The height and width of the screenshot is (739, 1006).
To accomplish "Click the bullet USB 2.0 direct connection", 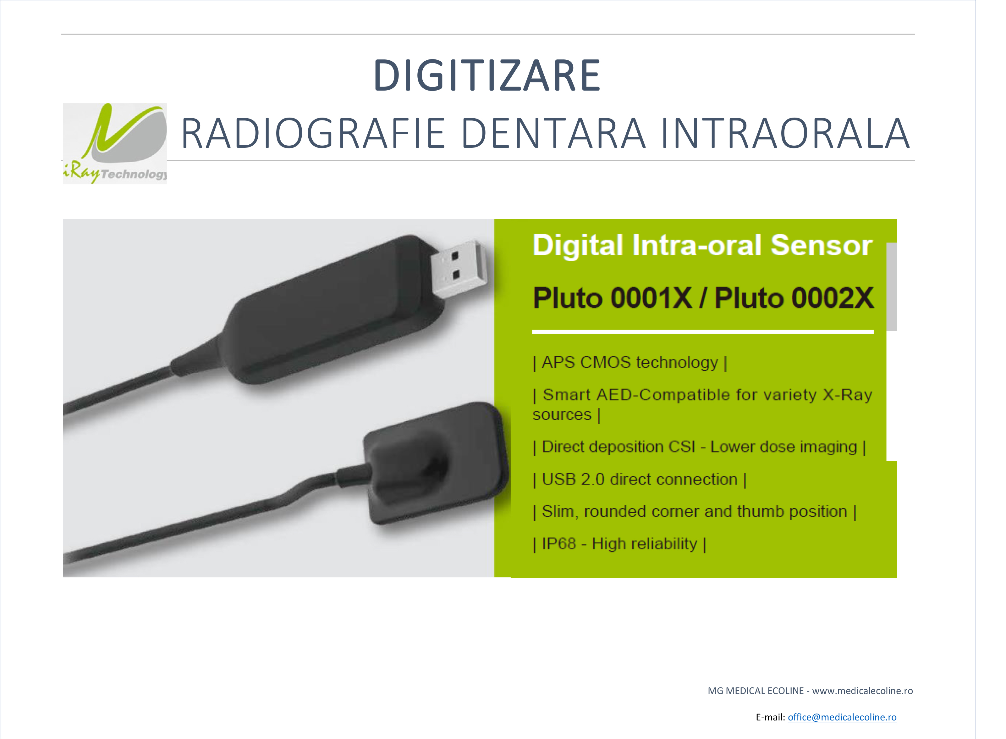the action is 639,479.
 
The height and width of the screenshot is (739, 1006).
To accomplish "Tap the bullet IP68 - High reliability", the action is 619,544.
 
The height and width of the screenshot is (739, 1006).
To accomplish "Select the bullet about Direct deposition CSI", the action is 699,447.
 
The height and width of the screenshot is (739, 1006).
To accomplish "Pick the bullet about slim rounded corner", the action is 694,511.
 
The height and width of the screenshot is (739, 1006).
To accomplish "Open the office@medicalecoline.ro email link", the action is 842,717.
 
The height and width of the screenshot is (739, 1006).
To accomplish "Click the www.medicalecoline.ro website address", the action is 862,691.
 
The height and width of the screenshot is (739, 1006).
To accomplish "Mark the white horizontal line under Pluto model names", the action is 702,331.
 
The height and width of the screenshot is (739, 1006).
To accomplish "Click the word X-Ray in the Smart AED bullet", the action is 848,395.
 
